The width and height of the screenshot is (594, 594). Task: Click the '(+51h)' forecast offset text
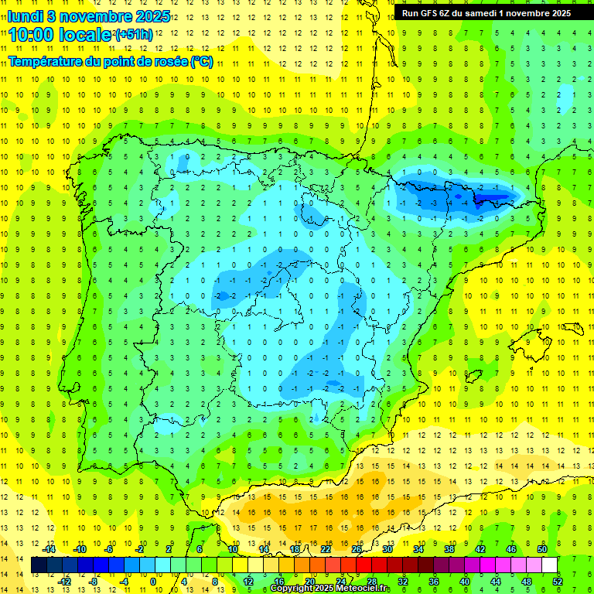[134, 35]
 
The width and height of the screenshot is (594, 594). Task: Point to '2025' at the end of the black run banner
[557, 13]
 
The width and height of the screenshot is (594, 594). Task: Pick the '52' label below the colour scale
[558, 581]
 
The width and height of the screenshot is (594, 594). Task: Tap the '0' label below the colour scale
[153, 581]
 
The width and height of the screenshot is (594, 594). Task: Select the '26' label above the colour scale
[357, 549]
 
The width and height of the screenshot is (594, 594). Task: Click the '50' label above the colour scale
[541, 549]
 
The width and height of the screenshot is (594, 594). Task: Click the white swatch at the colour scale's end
[549, 565]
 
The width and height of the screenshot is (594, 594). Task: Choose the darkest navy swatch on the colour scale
[39, 565]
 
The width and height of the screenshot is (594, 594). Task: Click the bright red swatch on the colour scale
[364, 565]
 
